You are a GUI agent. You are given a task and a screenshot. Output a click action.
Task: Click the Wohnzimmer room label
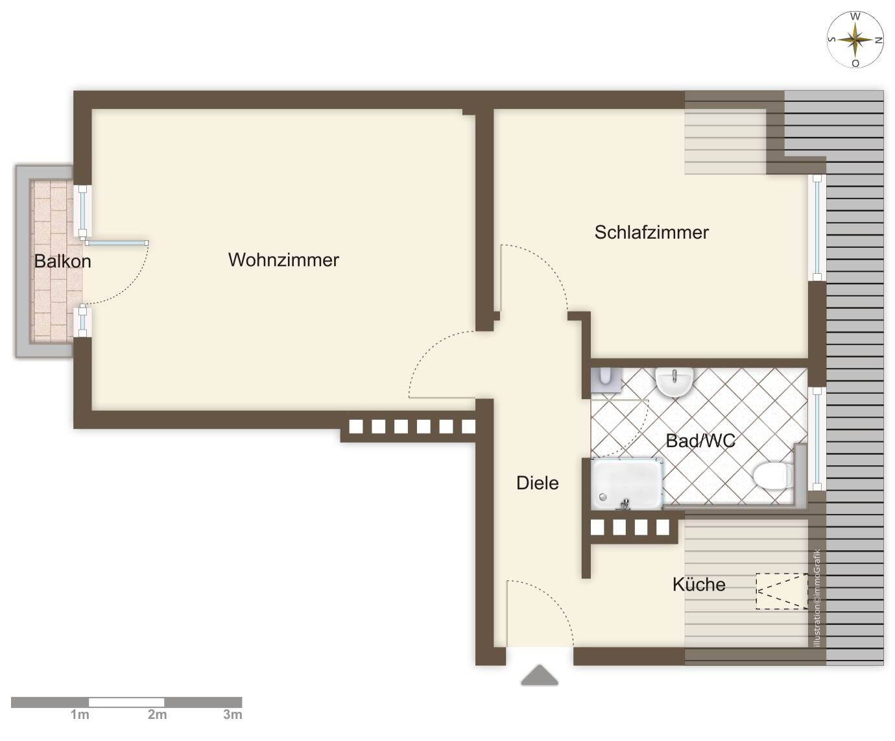[x=283, y=260]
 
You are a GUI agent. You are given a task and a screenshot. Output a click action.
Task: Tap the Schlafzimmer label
[x=651, y=232]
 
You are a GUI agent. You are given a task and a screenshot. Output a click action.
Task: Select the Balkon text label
[x=62, y=261]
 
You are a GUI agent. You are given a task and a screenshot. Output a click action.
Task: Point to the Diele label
[x=537, y=483]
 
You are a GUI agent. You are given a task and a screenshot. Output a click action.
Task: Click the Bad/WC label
[x=700, y=441]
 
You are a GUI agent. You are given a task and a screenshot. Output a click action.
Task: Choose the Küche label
[x=698, y=585]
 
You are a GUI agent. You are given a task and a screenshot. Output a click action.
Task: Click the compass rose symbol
[x=855, y=40]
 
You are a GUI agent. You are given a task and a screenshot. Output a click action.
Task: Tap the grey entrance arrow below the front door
[x=540, y=675]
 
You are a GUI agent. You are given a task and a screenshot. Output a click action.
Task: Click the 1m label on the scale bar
[x=80, y=715]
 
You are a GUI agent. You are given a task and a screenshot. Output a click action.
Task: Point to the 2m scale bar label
[x=157, y=715]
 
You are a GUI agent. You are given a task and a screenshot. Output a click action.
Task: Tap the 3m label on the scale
[x=233, y=715]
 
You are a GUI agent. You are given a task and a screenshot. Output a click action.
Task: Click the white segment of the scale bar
[x=126, y=702]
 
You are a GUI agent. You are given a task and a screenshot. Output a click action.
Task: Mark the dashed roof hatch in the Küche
[x=782, y=590]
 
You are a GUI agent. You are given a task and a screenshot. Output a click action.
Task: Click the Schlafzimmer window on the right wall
[x=817, y=227]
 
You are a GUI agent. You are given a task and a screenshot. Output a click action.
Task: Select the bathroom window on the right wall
[x=817, y=438]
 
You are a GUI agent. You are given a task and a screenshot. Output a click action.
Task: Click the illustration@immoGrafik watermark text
[x=817, y=598]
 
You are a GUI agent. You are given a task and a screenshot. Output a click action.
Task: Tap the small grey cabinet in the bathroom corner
[x=606, y=380]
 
